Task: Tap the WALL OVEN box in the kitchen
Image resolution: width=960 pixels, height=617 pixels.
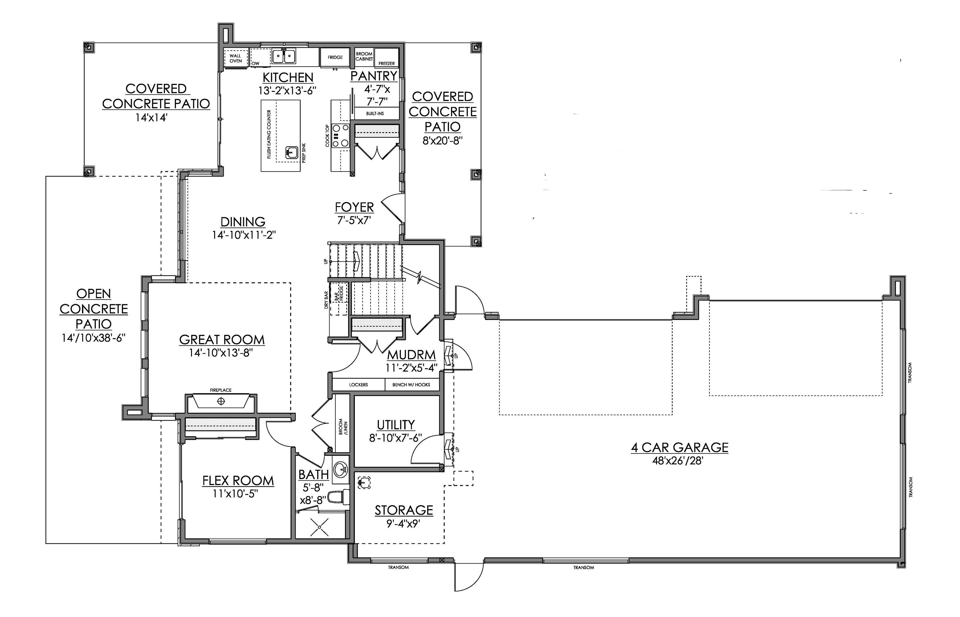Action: (236, 59)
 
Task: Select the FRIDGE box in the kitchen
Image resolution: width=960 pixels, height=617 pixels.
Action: (335, 58)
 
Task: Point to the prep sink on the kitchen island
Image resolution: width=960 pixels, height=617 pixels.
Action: (291, 153)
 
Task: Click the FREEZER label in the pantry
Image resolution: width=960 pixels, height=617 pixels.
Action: (387, 63)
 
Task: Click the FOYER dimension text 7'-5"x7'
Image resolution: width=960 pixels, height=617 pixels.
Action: (354, 220)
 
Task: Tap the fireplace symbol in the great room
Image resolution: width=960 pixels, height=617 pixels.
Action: (221, 401)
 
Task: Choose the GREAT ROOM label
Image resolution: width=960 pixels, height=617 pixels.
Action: (221, 340)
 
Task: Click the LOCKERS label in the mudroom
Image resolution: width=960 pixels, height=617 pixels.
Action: (358, 385)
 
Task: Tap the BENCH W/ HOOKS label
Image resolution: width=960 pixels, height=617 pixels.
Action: (411, 385)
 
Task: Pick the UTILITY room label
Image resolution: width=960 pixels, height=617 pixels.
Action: (396, 425)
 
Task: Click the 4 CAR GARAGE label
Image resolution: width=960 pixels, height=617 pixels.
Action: (679, 447)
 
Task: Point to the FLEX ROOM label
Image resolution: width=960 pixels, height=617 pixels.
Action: (238, 480)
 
